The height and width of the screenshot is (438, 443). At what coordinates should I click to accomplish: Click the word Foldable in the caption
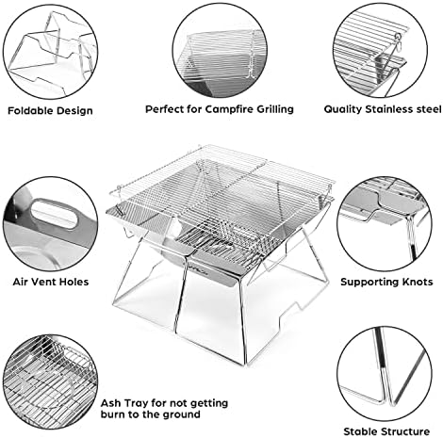[27, 110]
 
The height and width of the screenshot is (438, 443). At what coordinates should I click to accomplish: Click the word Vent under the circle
[44, 282]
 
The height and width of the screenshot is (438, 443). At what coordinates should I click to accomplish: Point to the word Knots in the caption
[417, 282]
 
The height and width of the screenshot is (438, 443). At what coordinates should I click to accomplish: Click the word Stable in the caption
[360, 431]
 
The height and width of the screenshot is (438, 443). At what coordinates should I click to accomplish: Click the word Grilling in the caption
[275, 109]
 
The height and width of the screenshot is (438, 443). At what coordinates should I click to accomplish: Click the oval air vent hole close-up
[54, 214]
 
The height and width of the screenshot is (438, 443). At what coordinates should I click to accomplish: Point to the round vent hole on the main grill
[176, 227]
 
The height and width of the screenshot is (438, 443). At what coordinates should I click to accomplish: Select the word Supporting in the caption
[369, 283]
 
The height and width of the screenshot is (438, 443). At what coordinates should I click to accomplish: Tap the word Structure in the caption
[404, 431]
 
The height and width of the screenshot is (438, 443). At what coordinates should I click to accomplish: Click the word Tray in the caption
[136, 403]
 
